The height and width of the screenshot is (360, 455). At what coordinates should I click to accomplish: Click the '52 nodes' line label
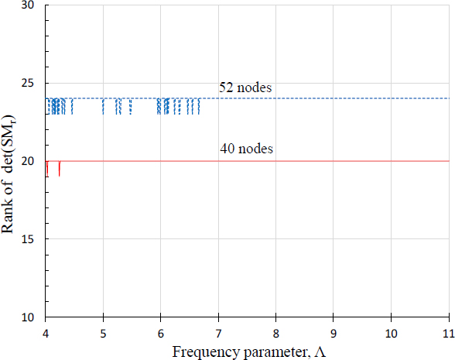coord(245,88)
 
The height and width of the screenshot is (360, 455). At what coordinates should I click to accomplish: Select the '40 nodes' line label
coord(245,149)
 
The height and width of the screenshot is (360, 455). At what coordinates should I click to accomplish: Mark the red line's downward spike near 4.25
coord(60,170)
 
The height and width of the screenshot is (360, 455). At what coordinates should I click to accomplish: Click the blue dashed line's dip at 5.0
coord(103,107)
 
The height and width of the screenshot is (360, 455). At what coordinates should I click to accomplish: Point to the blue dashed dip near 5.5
coord(132,107)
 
